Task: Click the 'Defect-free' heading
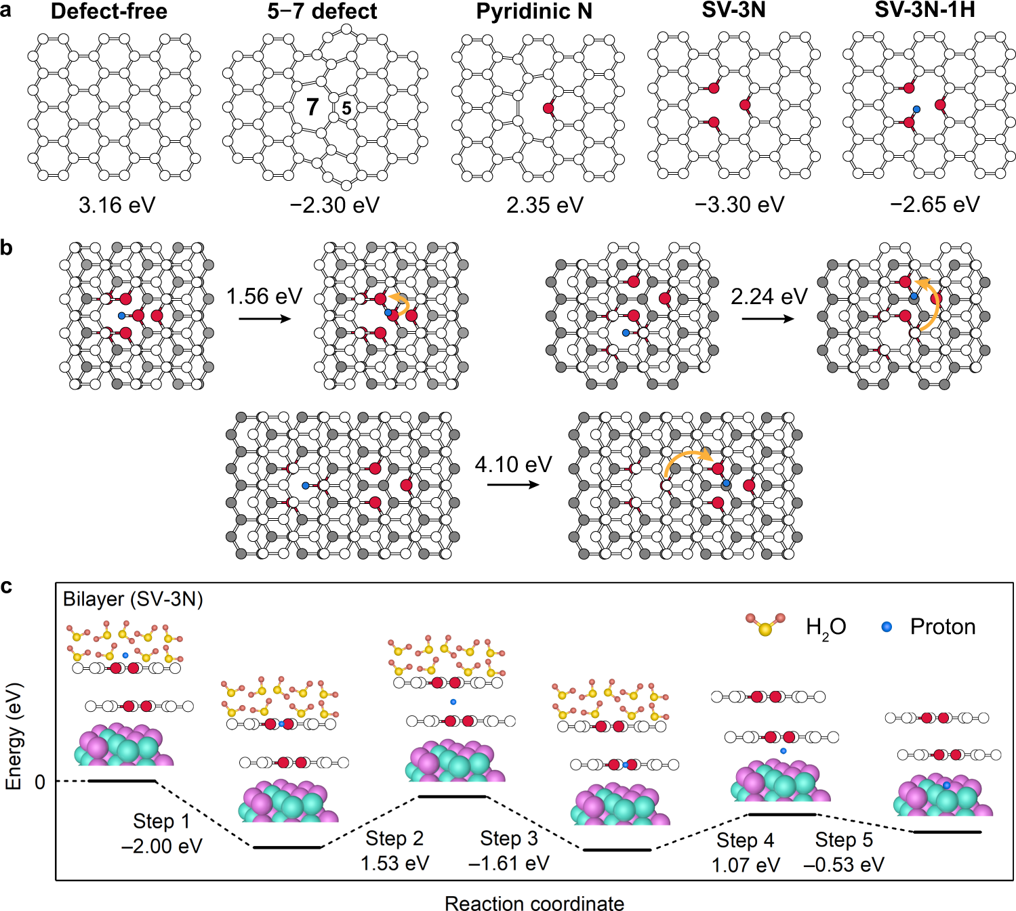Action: coord(108,12)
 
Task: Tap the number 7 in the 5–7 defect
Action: coord(312,107)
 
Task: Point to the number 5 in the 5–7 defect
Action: coord(346,108)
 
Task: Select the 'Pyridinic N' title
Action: coord(534,12)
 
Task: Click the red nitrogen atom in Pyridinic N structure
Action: coord(548,108)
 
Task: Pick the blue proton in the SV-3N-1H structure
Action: coord(916,109)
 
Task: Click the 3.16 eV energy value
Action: coord(117,205)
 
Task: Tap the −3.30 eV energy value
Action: coord(739,205)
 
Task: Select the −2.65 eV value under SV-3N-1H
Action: coord(935,205)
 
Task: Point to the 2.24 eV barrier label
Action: coord(769,297)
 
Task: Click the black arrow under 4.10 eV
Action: coord(513,485)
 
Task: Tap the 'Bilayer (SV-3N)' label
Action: coord(133,599)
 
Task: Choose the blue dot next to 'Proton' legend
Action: coord(887,627)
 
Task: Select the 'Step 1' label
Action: coord(161,822)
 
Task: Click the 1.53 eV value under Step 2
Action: coord(394,864)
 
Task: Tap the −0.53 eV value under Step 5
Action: coord(843,865)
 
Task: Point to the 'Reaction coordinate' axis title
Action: coord(534,903)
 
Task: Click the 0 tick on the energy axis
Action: coord(40,782)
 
